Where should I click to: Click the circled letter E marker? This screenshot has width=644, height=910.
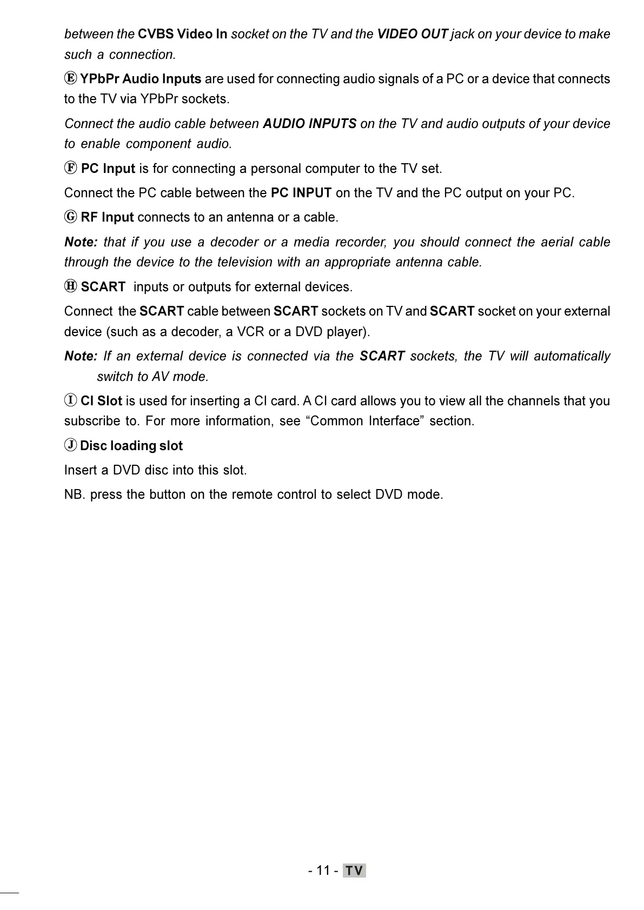70,78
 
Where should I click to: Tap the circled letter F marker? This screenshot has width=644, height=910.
70,168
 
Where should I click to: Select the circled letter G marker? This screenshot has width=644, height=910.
70,217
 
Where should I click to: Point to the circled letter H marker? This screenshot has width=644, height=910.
70,286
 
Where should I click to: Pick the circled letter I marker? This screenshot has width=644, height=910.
70,400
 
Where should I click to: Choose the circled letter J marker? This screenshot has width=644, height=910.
70,445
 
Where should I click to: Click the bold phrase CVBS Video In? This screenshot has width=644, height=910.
182,34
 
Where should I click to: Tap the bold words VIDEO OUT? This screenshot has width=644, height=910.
412,34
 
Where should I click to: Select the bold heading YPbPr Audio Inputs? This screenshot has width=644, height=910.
141,79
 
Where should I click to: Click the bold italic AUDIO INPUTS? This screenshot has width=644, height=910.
309,124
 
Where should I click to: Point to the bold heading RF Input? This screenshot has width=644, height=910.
107,217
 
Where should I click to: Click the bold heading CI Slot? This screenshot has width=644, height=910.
101,401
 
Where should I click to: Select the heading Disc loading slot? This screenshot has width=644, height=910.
131,446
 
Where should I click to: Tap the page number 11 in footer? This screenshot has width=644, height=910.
323,871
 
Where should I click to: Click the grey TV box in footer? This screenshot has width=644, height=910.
354,871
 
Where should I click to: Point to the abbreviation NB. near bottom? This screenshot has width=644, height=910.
75,494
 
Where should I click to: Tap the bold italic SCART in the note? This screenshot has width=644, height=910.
382,356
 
